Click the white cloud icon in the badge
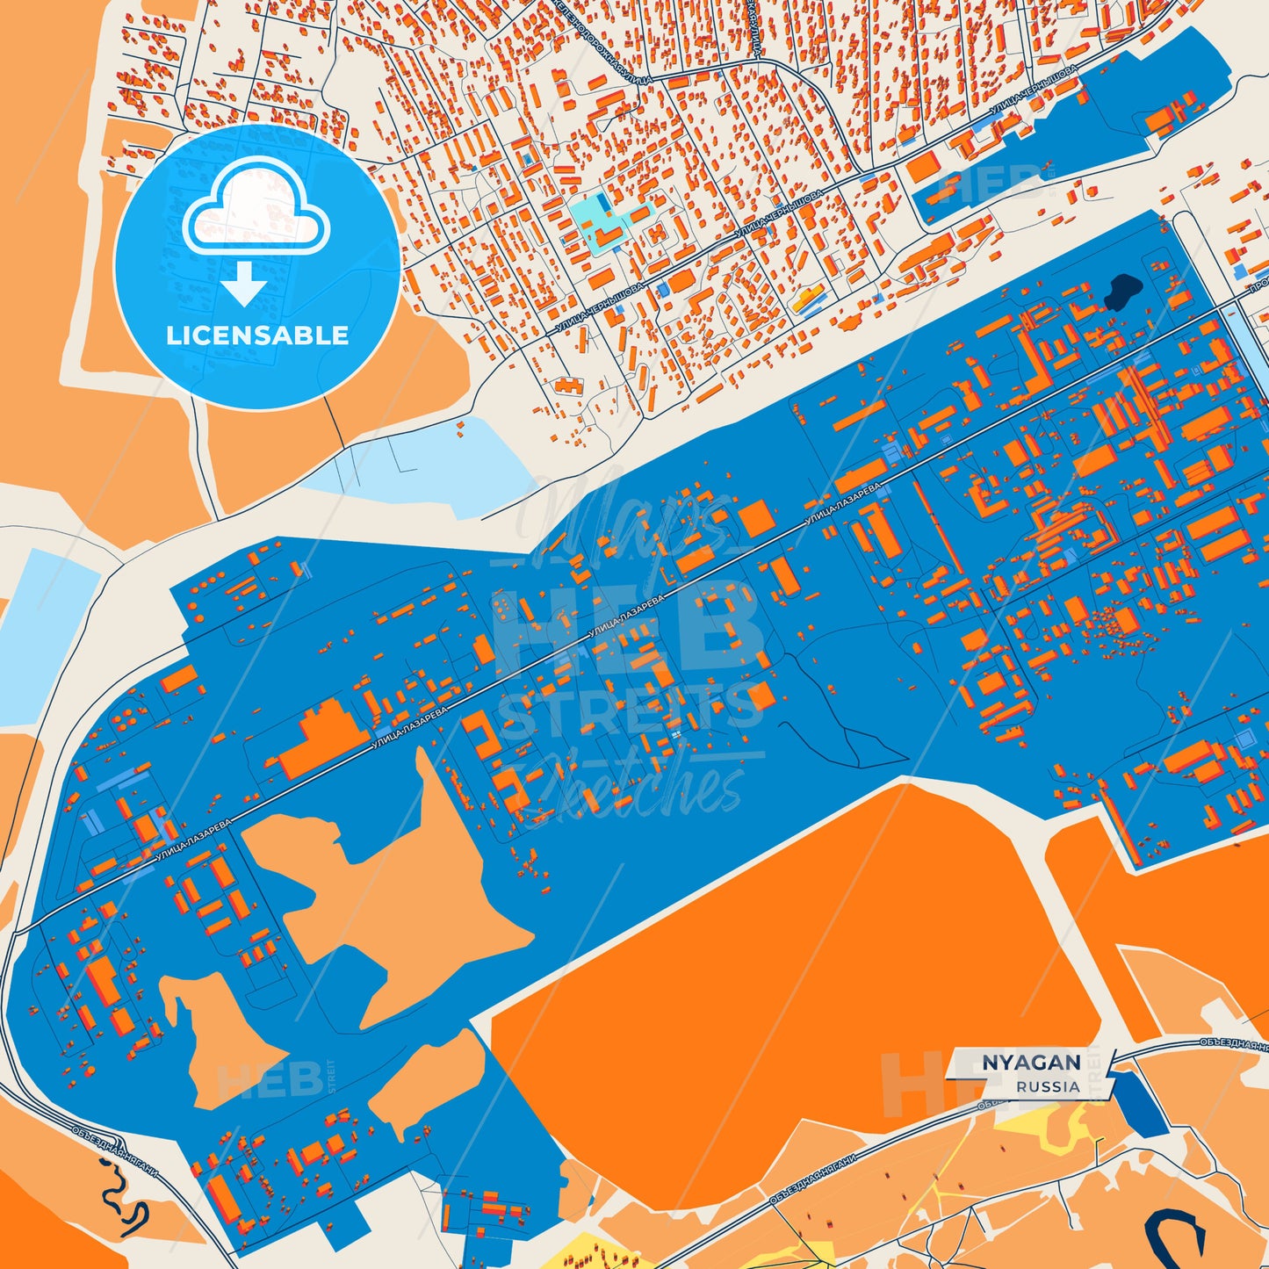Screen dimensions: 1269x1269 (256, 211)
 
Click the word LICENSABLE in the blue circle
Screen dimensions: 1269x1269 (257, 335)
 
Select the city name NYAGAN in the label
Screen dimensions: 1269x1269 (1030, 1063)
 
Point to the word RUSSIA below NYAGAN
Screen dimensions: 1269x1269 (1048, 1086)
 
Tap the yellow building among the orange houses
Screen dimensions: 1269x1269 (808, 298)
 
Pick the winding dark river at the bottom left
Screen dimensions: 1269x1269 (123, 1200)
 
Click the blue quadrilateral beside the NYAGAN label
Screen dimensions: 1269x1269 (1138, 1102)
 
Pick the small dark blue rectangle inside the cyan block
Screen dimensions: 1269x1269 (605, 203)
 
